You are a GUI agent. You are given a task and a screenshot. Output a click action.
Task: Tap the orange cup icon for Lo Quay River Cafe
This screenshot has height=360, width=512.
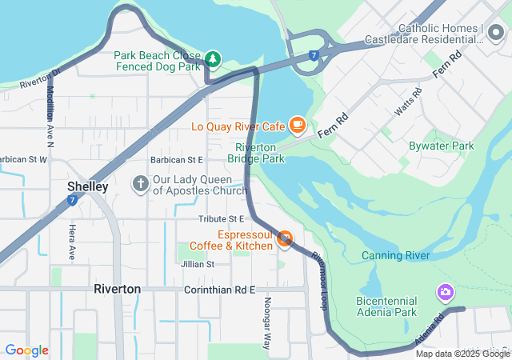[x=298, y=124]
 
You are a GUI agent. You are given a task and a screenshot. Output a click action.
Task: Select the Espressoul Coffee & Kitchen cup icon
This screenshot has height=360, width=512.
[x=284, y=238]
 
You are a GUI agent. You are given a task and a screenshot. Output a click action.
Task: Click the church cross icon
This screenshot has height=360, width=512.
[x=140, y=185]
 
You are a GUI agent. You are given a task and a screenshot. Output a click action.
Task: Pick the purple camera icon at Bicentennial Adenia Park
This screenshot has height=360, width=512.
[x=444, y=293]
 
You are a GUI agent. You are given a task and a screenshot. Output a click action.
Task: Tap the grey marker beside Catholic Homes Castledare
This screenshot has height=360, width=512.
[x=496, y=34]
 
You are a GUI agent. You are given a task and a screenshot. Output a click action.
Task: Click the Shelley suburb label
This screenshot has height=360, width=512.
[x=87, y=186]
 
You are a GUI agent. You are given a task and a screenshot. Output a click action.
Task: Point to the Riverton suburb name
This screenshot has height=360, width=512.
[x=117, y=289]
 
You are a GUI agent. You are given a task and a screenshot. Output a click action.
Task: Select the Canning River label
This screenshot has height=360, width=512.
[x=395, y=255]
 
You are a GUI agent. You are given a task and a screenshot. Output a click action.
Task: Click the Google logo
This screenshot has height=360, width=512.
[x=26, y=350]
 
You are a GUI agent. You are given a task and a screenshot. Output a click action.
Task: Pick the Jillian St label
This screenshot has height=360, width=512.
[x=198, y=263]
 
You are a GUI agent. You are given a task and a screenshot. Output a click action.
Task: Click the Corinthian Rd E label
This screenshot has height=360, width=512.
[x=219, y=289]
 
